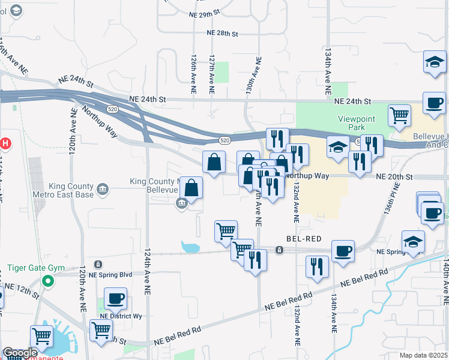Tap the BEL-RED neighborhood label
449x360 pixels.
(x=304, y=238)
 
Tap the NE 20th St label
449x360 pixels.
(x=395, y=177)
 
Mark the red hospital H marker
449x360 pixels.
(x=5, y=144)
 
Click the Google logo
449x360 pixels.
(x=19, y=353)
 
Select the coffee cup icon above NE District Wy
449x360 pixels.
(x=115, y=298)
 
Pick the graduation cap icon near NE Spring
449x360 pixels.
(x=413, y=241)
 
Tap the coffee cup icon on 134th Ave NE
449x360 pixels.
(x=343, y=250)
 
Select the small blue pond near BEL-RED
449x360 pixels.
(x=190, y=247)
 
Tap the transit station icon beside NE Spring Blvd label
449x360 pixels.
(x=98, y=264)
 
